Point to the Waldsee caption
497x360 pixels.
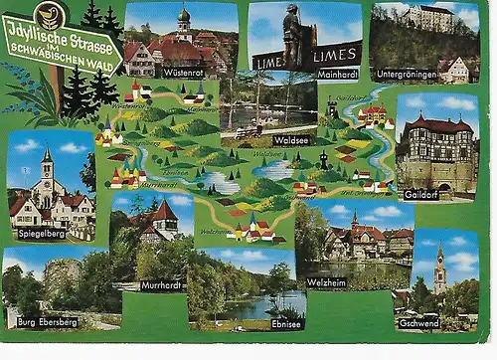point(295,140)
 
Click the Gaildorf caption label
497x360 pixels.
point(421,194)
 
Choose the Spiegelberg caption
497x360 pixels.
point(42,234)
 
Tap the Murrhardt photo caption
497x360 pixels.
point(162,285)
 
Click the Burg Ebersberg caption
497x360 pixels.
point(46,323)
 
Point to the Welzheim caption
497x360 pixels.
point(327,281)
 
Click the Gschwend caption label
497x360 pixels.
point(419,323)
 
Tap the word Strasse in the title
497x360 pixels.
point(93,29)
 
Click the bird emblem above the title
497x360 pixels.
point(49,14)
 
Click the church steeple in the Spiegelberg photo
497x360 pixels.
point(47,169)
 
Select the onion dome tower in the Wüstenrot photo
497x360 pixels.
point(184,21)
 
